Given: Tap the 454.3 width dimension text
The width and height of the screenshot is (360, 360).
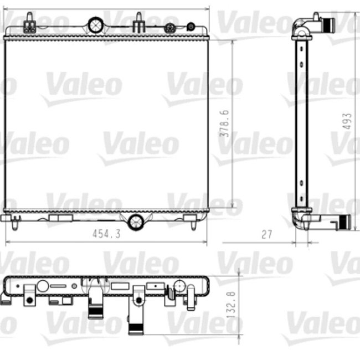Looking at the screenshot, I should (x=106, y=234).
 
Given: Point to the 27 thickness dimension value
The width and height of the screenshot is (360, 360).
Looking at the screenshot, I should (x=266, y=234).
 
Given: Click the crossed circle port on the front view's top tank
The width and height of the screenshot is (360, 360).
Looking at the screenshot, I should (x=95, y=24).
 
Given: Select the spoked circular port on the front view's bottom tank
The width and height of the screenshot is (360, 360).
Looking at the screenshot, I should (x=135, y=222).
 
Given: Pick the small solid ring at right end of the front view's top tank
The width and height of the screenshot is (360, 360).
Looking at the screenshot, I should (x=191, y=26).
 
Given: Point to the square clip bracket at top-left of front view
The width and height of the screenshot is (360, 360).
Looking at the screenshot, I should (x=30, y=25).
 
